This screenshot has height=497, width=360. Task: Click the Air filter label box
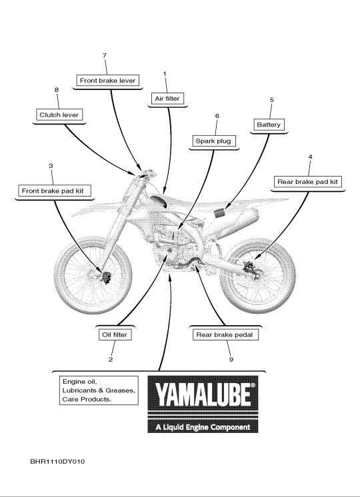167,99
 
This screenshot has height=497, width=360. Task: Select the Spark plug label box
213,141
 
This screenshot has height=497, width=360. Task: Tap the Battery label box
269,125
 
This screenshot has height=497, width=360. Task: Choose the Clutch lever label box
59,115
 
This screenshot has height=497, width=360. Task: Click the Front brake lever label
107,81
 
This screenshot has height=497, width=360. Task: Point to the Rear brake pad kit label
307,182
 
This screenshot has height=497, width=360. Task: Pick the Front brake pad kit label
53,191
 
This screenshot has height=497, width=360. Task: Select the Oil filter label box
115,334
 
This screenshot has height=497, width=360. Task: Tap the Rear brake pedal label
225,334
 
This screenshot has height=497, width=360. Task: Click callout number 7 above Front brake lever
105,55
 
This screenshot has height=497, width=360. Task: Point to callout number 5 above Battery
271,99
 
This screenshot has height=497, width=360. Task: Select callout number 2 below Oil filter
111,360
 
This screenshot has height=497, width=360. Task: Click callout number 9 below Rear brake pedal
231,360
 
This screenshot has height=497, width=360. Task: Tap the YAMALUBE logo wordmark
203,393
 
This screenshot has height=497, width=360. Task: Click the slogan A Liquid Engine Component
203,427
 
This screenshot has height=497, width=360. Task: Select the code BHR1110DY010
57,462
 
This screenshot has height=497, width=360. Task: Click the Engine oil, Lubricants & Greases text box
99,390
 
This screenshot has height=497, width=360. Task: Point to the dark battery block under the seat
219,213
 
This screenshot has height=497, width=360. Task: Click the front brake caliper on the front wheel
105,277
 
